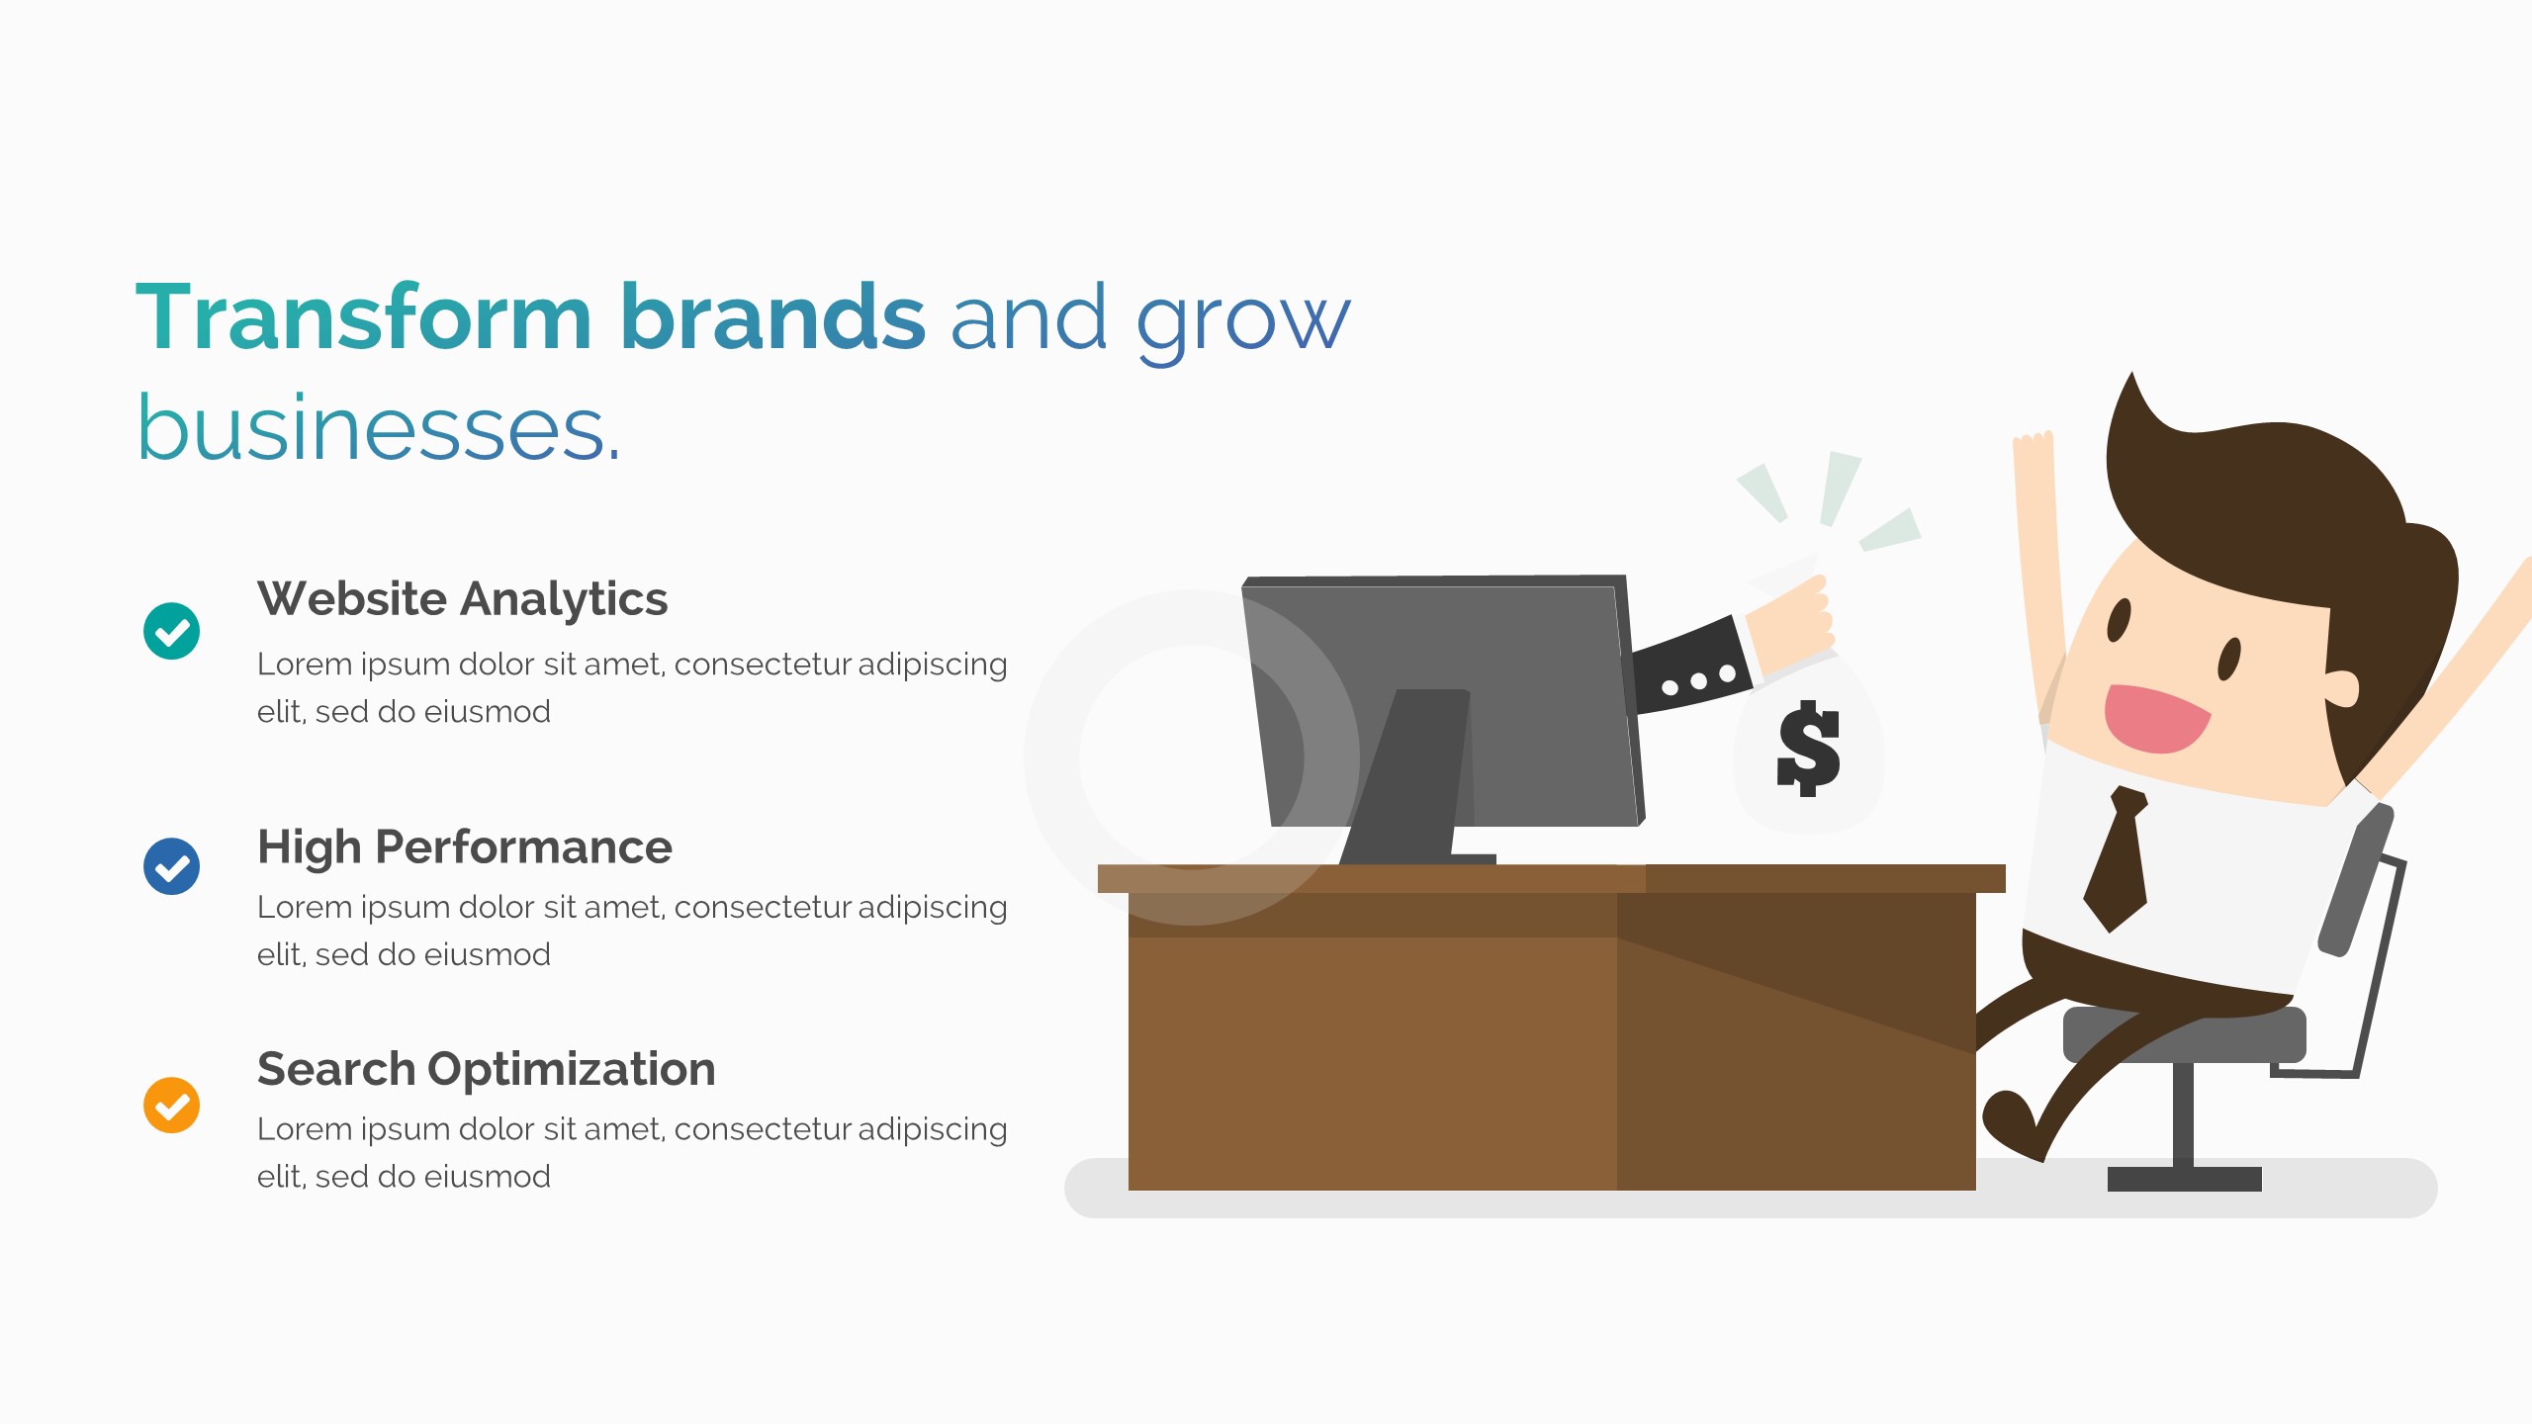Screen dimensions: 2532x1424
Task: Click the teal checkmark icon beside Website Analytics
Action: [171, 631]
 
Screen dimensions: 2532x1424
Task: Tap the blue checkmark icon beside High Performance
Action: [171, 866]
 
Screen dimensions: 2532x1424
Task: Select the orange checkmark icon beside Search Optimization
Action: [171, 1105]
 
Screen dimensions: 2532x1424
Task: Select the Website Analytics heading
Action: [462, 598]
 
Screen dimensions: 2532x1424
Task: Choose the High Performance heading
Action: [465, 846]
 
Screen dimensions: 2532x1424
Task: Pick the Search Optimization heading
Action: [486, 1069]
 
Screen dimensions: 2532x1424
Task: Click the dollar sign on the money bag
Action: [1808, 749]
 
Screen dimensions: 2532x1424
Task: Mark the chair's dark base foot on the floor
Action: [2185, 1179]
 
